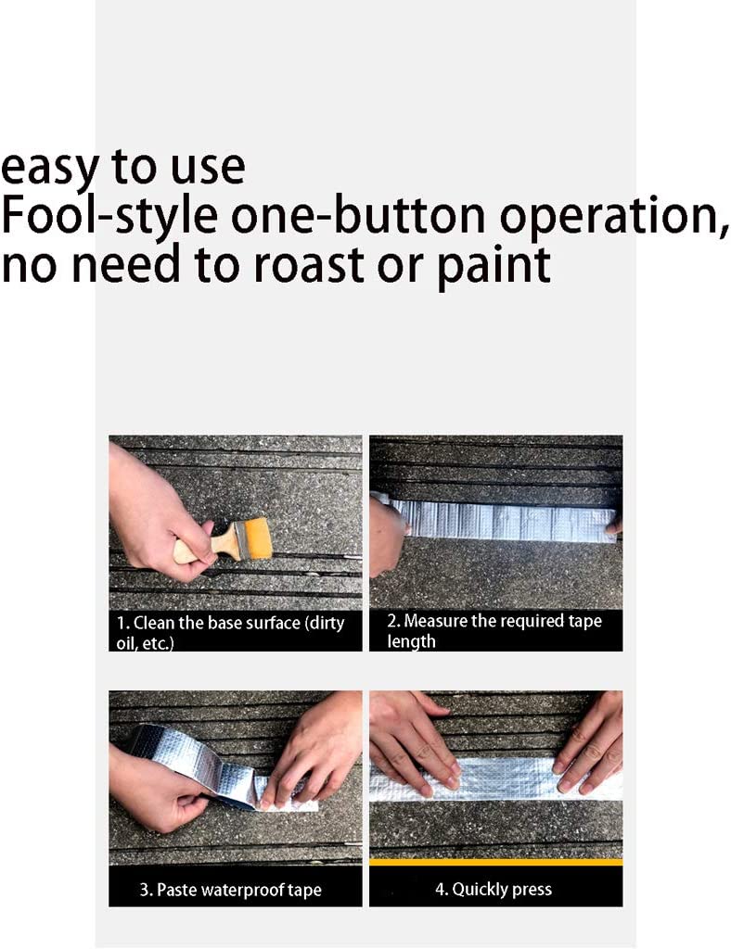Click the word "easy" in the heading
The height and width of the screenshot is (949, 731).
point(50,169)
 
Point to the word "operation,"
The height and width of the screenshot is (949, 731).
point(613,218)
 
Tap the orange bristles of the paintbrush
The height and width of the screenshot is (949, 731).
point(258,538)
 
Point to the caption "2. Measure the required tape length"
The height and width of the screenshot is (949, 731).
point(494,630)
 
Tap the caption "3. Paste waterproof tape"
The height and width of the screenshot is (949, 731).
point(230,890)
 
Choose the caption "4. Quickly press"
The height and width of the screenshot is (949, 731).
point(494,889)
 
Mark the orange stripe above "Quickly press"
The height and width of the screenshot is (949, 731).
point(496,862)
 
